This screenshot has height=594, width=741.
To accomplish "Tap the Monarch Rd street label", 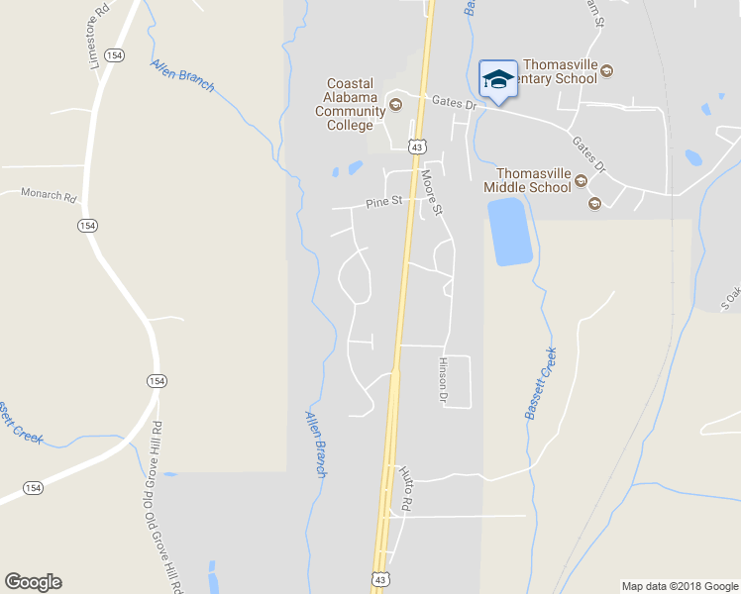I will [x=48, y=195].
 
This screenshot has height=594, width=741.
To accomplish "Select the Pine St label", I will [x=383, y=202].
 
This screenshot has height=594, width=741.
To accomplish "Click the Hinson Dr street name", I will [x=443, y=380].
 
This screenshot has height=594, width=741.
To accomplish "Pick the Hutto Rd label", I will [x=404, y=488].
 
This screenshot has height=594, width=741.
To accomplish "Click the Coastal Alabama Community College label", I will [x=351, y=104].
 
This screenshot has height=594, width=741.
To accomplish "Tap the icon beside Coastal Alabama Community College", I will [x=396, y=104].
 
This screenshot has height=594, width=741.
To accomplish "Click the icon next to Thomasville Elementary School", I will [x=607, y=70].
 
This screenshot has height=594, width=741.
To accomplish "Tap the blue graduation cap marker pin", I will [x=497, y=79].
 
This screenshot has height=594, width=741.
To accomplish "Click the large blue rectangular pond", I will [x=511, y=232].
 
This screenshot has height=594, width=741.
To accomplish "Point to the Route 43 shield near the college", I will [x=418, y=147].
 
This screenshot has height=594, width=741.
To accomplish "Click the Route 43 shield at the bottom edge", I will [x=380, y=578].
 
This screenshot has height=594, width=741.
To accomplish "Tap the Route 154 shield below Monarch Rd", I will [x=88, y=226].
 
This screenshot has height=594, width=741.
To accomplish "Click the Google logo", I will [x=33, y=582].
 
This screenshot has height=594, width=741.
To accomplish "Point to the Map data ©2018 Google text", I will [x=679, y=586].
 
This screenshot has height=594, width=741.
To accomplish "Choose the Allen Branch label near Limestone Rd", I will [x=182, y=75].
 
